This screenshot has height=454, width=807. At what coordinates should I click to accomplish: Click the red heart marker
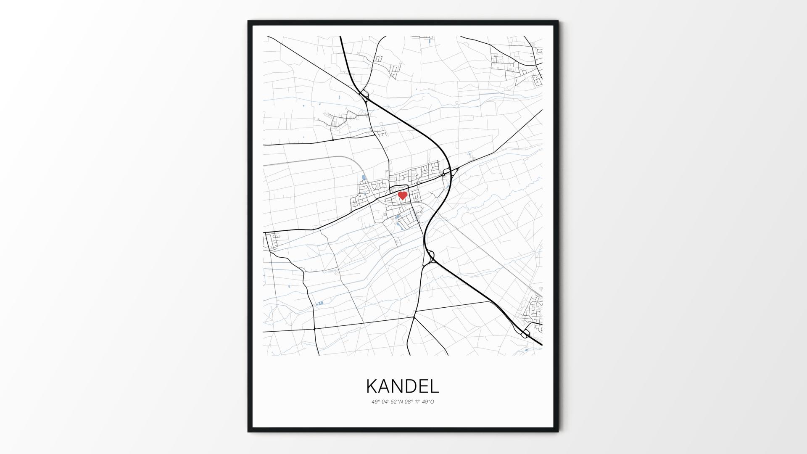[403, 195]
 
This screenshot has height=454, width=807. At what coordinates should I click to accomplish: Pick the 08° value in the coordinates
[409, 402]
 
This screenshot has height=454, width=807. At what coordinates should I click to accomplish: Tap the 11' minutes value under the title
[417, 402]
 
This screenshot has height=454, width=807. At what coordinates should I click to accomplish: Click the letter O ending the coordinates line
[432, 402]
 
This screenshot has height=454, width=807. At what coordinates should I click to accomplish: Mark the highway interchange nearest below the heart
[431, 256]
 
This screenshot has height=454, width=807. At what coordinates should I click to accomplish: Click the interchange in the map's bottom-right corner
[525, 334]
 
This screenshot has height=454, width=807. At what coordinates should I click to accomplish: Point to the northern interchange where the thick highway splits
[364, 95]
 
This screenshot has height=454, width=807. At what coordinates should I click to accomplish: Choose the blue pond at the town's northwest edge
[363, 178]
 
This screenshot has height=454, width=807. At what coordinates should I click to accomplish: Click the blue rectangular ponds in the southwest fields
[320, 303]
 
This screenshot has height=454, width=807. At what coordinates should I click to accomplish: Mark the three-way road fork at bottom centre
[414, 317]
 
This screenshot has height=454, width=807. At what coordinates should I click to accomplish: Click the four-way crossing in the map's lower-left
[314, 328]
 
